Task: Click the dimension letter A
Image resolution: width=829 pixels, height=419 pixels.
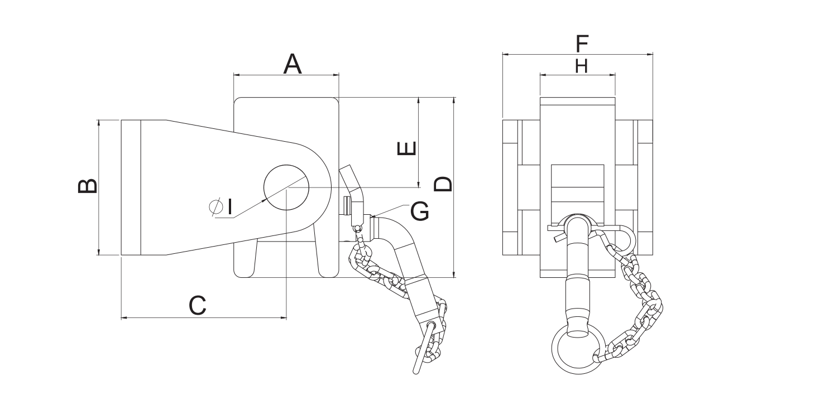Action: (293, 64)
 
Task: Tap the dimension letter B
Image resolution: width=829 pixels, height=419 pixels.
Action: (88, 187)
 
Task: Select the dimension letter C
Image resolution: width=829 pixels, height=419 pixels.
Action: (198, 305)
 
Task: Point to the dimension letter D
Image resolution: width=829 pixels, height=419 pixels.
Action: (443, 184)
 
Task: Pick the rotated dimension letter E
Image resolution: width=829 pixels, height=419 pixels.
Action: (406, 148)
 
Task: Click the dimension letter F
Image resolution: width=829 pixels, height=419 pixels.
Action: (582, 42)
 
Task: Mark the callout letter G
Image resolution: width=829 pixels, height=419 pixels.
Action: (420, 211)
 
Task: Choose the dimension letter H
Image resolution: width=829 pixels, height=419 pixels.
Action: (581, 67)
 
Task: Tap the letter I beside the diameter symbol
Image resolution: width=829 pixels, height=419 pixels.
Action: (229, 206)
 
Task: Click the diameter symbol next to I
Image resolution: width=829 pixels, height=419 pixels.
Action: (216, 206)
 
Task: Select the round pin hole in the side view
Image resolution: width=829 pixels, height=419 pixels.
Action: (286, 187)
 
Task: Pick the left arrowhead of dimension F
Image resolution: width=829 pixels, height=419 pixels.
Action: (505, 54)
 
